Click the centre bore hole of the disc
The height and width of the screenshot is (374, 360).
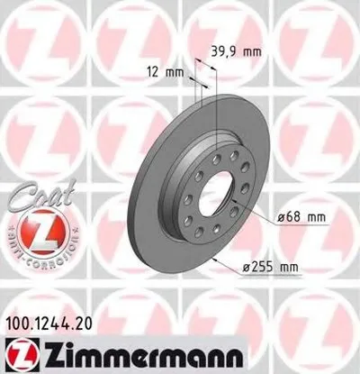point(217,196)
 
